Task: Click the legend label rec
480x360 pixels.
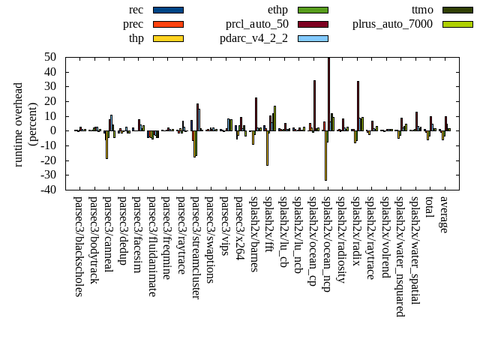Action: pos(136,10)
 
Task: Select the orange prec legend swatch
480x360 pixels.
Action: pos(168,24)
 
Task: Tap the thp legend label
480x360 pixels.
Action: pos(136,38)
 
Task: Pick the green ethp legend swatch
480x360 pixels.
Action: pos(313,10)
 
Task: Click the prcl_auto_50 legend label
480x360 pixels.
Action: pos(257,24)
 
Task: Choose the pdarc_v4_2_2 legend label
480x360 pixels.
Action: pos(254,38)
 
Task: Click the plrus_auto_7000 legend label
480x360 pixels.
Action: pos(393,24)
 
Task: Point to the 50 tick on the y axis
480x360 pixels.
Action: pos(52,57)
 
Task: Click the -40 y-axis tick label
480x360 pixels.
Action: pos(49,190)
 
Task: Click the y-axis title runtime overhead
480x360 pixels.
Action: pos(19,124)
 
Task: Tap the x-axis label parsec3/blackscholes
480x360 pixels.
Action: pos(79,246)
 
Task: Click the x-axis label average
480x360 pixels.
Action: pos(445,214)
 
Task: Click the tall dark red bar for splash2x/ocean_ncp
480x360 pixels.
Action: pos(328,94)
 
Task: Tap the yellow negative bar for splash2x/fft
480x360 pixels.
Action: pos(267,148)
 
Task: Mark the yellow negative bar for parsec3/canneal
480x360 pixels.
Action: pos(106,144)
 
